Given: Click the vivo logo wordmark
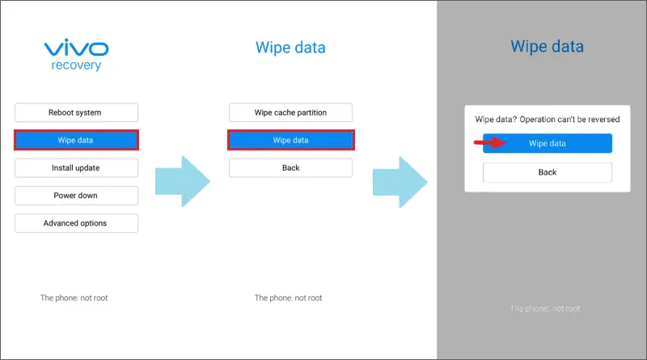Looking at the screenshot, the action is (x=76, y=48).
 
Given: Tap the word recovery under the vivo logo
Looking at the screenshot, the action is (x=76, y=66).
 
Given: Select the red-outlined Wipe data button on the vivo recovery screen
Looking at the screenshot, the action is (x=76, y=140).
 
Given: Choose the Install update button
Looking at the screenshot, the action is (x=76, y=168).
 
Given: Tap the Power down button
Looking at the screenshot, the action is (x=76, y=196).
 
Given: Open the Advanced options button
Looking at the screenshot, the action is (x=76, y=223).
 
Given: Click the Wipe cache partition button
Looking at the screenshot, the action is (x=291, y=112).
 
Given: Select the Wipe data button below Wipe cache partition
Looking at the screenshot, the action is (x=291, y=140).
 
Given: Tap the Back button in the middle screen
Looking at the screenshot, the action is (x=291, y=168).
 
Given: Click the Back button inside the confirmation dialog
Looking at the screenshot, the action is (x=548, y=172).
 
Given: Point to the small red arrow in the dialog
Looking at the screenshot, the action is (x=490, y=143).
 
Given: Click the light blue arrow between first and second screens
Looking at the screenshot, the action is (x=183, y=181).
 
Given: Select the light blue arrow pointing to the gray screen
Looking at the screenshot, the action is (x=400, y=182).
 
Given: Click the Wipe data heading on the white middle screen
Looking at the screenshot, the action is (x=290, y=48).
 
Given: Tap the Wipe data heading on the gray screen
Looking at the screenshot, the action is (x=548, y=46).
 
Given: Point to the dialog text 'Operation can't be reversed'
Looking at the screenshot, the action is (x=569, y=119).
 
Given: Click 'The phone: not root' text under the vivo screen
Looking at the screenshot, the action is (x=74, y=298).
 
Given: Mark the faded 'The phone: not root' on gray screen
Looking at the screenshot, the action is (x=545, y=308).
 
